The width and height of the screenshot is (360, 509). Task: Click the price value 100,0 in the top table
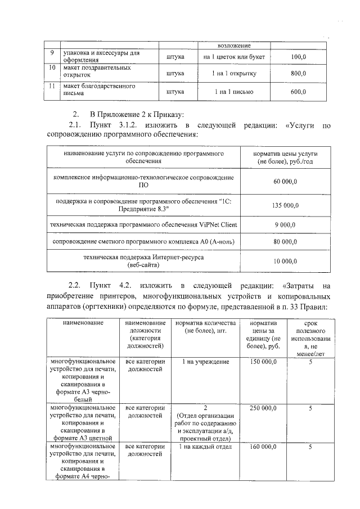[x=298, y=57]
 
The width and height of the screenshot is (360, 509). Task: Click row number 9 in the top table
[x=51, y=53]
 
